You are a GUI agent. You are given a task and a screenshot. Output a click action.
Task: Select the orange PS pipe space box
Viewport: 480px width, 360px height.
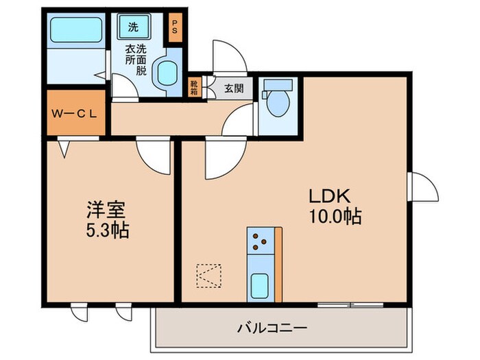pyautogui.click(x=175, y=29)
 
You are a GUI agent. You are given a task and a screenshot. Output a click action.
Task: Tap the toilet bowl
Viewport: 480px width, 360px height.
pyautogui.click(x=278, y=101)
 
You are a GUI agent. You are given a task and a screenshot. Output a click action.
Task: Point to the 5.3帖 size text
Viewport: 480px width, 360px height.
pyautogui.click(x=106, y=229)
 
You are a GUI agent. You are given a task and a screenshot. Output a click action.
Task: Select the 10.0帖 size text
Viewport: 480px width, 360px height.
pyautogui.click(x=335, y=217)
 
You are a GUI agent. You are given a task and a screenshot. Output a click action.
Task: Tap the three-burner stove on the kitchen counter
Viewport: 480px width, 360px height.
pyautogui.click(x=261, y=239)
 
